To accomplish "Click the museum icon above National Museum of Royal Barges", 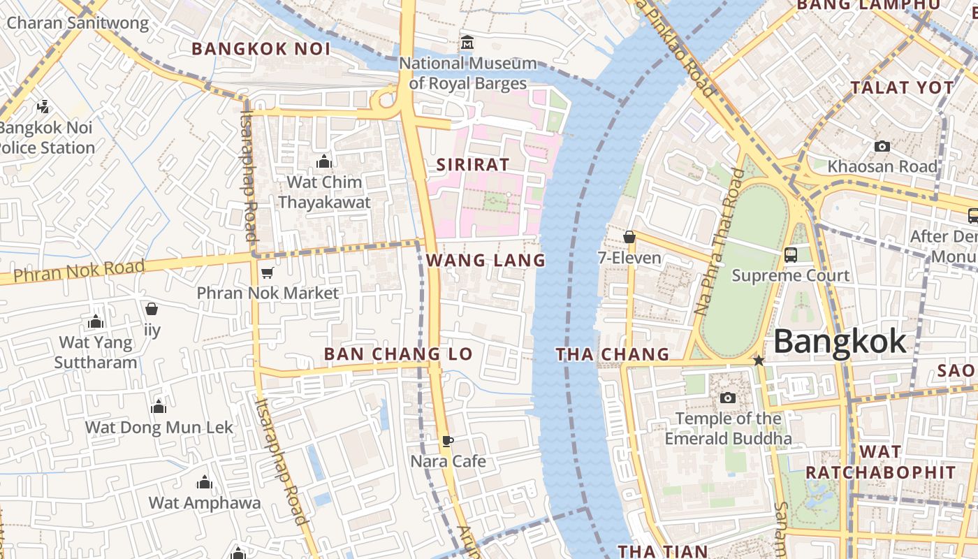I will click(x=467, y=43).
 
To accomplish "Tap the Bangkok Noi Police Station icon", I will click(x=43, y=107).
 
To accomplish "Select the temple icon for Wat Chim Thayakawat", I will click(x=324, y=162).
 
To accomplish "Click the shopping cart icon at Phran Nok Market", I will click(x=266, y=273).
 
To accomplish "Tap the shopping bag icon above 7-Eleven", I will click(x=629, y=237).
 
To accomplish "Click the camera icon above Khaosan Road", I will click(x=882, y=146).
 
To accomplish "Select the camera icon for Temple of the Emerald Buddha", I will click(x=728, y=398).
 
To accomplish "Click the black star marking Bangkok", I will click(x=759, y=361).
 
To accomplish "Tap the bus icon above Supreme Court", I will click(x=791, y=255).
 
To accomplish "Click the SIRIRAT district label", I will click(x=473, y=165).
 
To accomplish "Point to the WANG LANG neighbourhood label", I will click(x=486, y=261).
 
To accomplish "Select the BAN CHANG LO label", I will click(x=398, y=354).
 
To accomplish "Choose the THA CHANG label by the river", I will click(x=612, y=355).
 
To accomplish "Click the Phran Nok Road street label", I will click(x=79, y=270).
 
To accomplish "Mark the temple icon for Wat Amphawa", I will click(x=205, y=482).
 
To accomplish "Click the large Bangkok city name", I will click(x=840, y=342).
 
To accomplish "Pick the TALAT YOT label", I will click(x=902, y=88).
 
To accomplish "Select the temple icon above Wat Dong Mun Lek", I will click(x=159, y=407).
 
